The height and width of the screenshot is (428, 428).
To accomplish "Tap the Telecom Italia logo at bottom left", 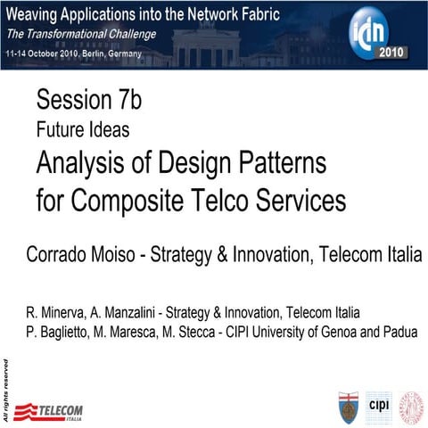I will tap(52, 411).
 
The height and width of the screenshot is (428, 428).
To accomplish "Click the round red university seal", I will tap(411, 405).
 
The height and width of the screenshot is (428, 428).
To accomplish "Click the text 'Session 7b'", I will tap(88, 101).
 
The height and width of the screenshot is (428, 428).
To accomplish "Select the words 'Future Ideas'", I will tap(83, 129).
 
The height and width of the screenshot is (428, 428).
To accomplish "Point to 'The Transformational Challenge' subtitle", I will tap(81, 35).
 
